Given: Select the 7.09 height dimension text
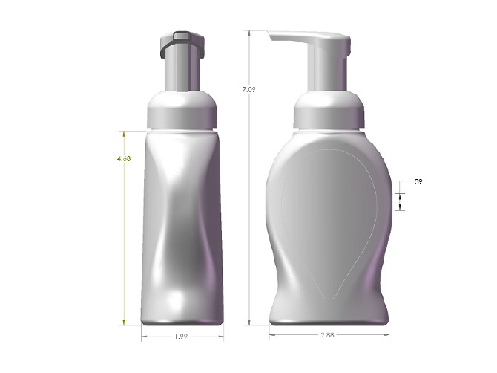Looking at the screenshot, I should point(249,90).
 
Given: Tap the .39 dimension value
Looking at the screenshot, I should point(418,181).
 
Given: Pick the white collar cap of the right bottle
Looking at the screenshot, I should point(329,111).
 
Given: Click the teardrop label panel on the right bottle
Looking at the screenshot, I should point(326,215).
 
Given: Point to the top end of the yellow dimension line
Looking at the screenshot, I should point(124,132).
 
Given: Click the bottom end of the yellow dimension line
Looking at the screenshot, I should point(124,324).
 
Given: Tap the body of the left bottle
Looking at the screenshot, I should point(182,223).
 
